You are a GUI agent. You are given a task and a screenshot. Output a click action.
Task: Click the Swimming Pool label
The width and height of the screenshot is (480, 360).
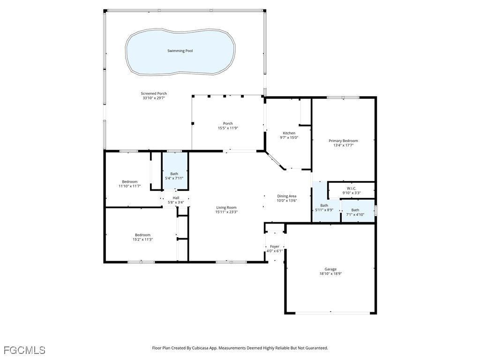point(180,51)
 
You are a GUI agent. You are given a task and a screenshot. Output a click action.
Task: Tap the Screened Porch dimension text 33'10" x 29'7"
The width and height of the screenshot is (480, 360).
point(154,98)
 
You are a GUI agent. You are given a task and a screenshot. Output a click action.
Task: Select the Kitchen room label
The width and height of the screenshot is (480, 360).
point(289,133)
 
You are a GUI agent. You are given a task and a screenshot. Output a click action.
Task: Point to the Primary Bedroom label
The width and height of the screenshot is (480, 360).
point(343,141)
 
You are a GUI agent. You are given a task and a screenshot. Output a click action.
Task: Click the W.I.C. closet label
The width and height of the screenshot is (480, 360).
point(352,188)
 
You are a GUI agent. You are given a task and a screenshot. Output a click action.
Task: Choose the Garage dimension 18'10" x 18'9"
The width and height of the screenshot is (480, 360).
point(330,274)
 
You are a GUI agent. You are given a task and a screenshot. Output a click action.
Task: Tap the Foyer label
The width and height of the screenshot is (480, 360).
point(275,246)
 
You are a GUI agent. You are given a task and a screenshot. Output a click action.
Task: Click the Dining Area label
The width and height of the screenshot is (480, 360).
point(286,196)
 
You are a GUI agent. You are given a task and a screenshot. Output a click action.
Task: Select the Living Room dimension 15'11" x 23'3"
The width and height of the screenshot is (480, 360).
point(226,212)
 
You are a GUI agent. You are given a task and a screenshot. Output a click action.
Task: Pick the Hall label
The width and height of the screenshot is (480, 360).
point(176,198)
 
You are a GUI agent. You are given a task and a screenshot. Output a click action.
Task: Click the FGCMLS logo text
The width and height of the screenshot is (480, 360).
point(24,350)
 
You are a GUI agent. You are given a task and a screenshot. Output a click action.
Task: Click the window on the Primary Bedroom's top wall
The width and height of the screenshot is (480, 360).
point(343,97)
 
